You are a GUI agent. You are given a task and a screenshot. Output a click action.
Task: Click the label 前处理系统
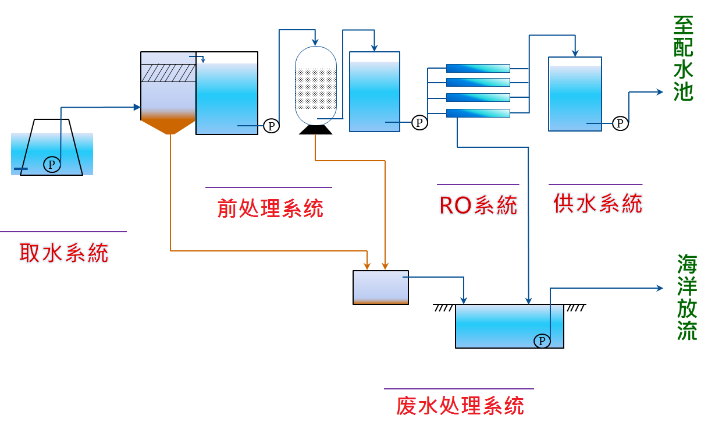click(270, 208)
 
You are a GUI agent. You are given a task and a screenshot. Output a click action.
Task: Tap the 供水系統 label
click(598, 204)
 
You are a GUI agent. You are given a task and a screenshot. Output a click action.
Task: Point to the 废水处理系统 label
click(460, 406)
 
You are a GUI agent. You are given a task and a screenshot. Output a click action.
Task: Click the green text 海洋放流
click(687, 297)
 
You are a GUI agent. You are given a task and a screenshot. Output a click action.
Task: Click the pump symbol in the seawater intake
click(52, 165)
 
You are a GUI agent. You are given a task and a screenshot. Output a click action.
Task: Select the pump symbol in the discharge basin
click(542, 341)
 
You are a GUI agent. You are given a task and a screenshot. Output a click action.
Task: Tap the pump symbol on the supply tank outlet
click(621, 123)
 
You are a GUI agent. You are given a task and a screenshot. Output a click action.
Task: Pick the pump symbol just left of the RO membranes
click(419, 122)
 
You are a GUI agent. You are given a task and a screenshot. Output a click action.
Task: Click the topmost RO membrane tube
click(478, 68)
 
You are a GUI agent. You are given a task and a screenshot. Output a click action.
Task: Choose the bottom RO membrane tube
click(478, 113)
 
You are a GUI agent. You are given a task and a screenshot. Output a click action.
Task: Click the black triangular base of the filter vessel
click(315, 129)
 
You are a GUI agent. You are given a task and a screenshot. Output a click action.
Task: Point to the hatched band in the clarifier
click(169, 73)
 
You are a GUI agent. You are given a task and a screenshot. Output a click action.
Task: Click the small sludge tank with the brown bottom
click(380, 287)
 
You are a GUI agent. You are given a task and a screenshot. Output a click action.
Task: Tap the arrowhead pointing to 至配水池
click(660, 92)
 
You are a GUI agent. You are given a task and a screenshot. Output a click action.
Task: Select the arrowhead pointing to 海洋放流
click(660, 288)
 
